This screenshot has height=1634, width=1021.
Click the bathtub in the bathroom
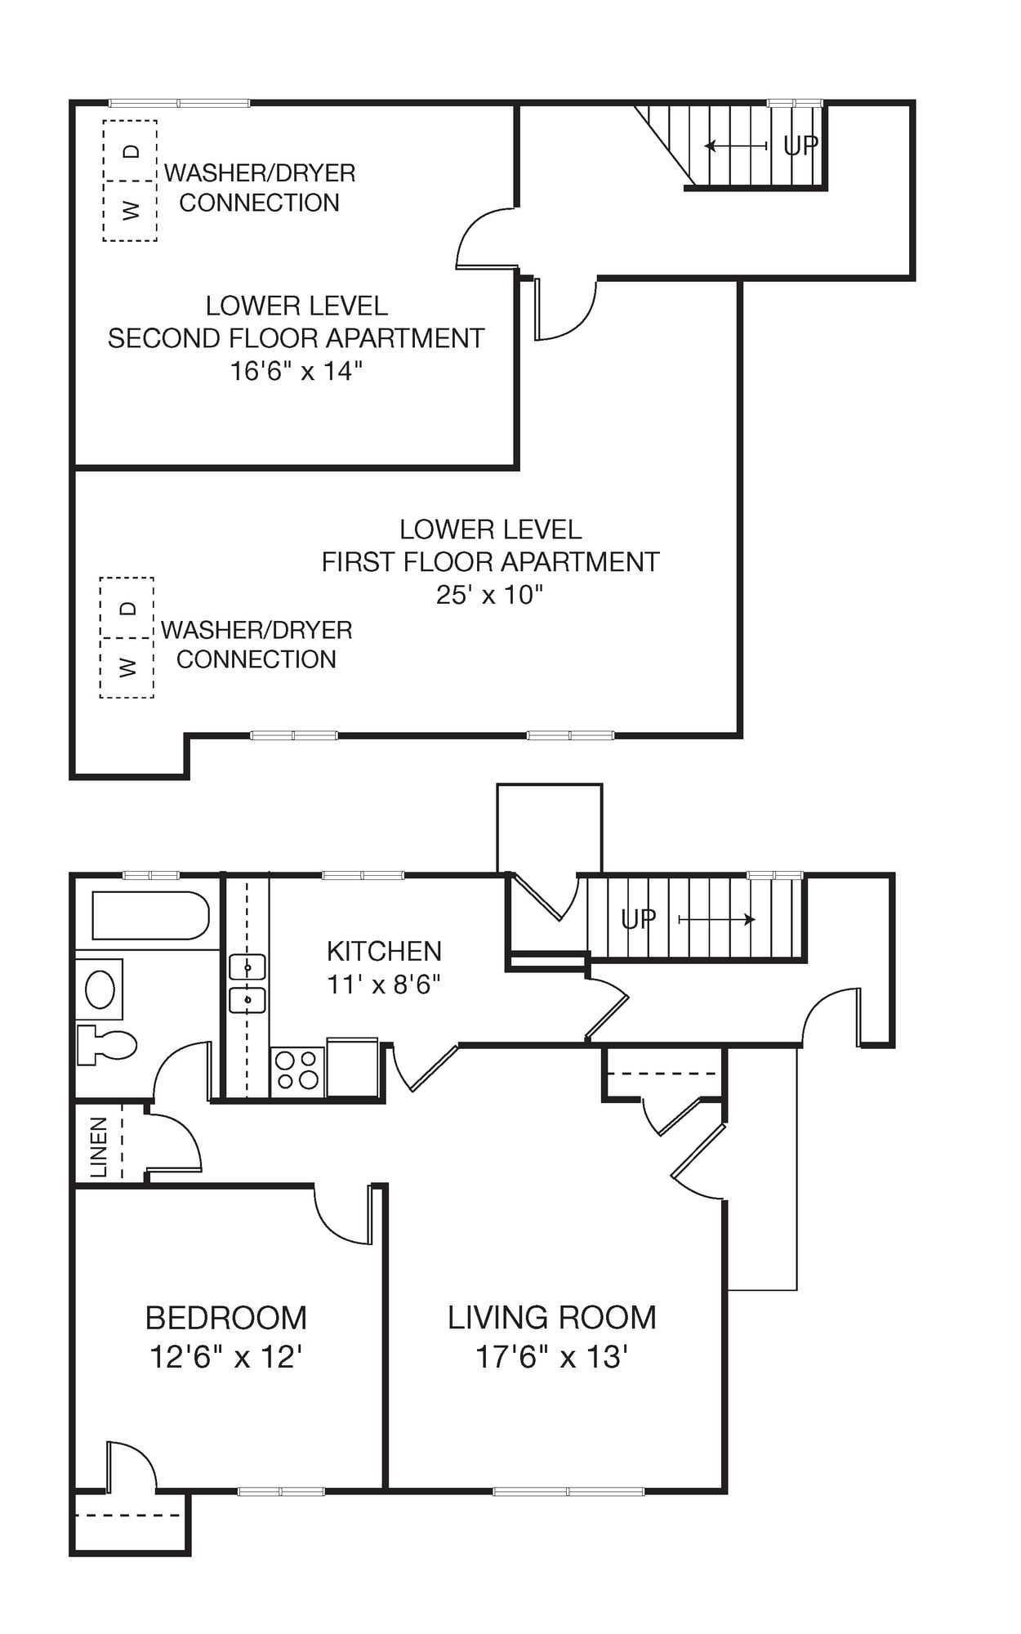pyautogui.click(x=150, y=915)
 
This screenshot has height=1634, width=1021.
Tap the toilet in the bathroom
pyautogui.click(x=106, y=1045)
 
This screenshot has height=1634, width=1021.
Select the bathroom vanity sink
pyautogui.click(x=100, y=989)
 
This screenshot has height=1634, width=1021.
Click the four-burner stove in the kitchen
pyautogui.click(x=297, y=1070)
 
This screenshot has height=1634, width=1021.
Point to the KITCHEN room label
pyautogui.click(x=384, y=951)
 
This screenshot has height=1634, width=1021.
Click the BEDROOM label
pyautogui.click(x=226, y=1318)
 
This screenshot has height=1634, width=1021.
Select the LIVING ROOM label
pyautogui.click(x=552, y=1317)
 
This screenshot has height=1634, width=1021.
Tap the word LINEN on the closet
pyautogui.click(x=99, y=1147)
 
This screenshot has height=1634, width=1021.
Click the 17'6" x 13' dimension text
pyautogui.click(x=551, y=1357)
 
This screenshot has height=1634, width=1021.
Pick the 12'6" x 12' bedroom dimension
pyautogui.click(x=226, y=1357)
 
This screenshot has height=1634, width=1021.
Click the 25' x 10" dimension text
pyautogui.click(x=489, y=594)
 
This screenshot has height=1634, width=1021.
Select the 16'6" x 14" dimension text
pyautogui.click(x=296, y=371)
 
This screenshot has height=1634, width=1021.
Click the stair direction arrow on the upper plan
pyautogui.click(x=736, y=145)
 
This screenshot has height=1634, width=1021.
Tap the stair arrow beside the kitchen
pyautogui.click(x=717, y=920)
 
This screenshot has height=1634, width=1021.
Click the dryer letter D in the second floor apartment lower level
pyautogui.click(x=131, y=151)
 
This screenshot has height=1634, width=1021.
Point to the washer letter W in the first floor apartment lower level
pyautogui.click(x=127, y=667)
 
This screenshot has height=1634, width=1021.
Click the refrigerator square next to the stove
pyautogui.click(x=353, y=1067)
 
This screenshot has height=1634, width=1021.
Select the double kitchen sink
pyautogui.click(x=247, y=984)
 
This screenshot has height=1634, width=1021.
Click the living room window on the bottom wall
pyautogui.click(x=568, y=1491)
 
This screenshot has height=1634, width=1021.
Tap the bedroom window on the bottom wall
pyautogui.click(x=281, y=1491)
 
